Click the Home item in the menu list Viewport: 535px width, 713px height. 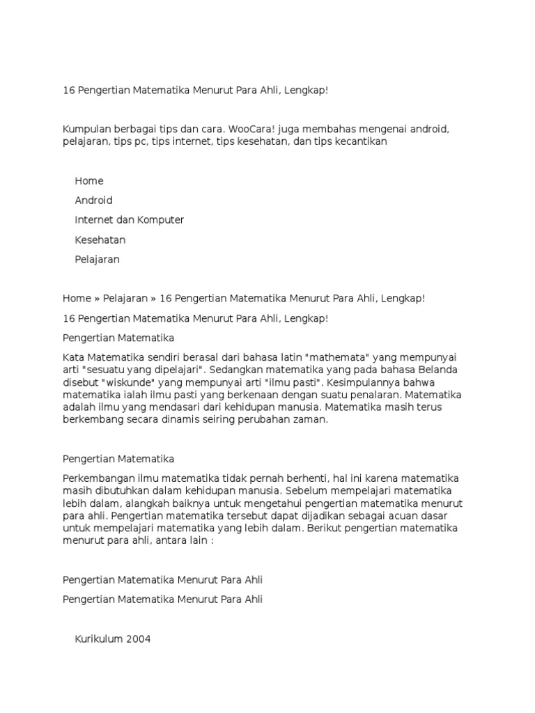coord(89,181)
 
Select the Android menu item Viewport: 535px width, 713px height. coord(93,201)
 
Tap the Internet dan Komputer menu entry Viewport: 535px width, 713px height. coord(129,220)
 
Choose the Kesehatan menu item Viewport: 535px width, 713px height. coord(100,240)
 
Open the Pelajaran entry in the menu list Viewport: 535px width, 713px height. coord(98,259)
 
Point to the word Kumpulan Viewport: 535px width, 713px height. coord(87,130)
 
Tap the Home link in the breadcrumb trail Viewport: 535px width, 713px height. coord(77,298)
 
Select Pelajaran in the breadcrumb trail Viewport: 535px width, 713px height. coord(125,298)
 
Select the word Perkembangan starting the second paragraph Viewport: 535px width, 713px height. coord(97,478)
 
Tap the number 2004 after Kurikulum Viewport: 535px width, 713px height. coord(138,638)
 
